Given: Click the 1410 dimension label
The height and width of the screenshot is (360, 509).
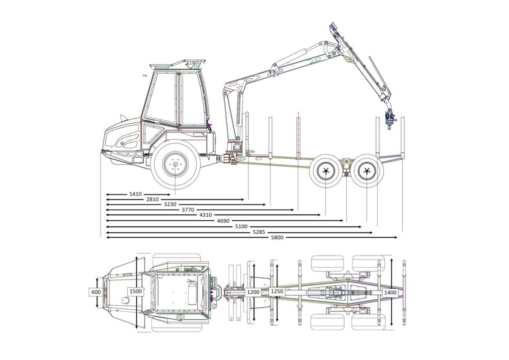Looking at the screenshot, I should pos(135,194).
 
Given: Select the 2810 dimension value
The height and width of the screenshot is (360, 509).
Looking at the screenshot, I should pos(152,199).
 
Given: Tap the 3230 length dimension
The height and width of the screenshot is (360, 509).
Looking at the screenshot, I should pos(170,204).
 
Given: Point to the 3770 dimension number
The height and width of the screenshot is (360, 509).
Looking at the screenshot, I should pos(188,210).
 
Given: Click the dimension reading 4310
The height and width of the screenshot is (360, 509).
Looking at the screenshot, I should pos(205,215).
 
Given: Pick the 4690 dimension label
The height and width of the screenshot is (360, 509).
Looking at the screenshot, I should pos(224,220).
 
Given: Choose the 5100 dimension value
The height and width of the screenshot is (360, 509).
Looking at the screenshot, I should pos(241,226).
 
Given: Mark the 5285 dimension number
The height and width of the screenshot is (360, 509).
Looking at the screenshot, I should pos(259,232).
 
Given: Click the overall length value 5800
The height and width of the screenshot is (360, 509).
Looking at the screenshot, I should pos(277,237).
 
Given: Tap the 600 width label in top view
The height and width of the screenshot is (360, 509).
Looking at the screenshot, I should pos(95,292).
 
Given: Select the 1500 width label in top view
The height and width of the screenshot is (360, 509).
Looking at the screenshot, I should pos(135,291).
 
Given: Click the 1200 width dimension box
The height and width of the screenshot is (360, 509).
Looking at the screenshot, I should pos(254,292).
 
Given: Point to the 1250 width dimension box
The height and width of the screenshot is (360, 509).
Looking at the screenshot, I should pos(277,291).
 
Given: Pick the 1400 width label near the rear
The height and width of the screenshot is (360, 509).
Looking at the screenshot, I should pos(390,292).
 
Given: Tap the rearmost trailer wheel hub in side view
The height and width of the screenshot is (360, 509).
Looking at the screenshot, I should pos(367,172).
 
